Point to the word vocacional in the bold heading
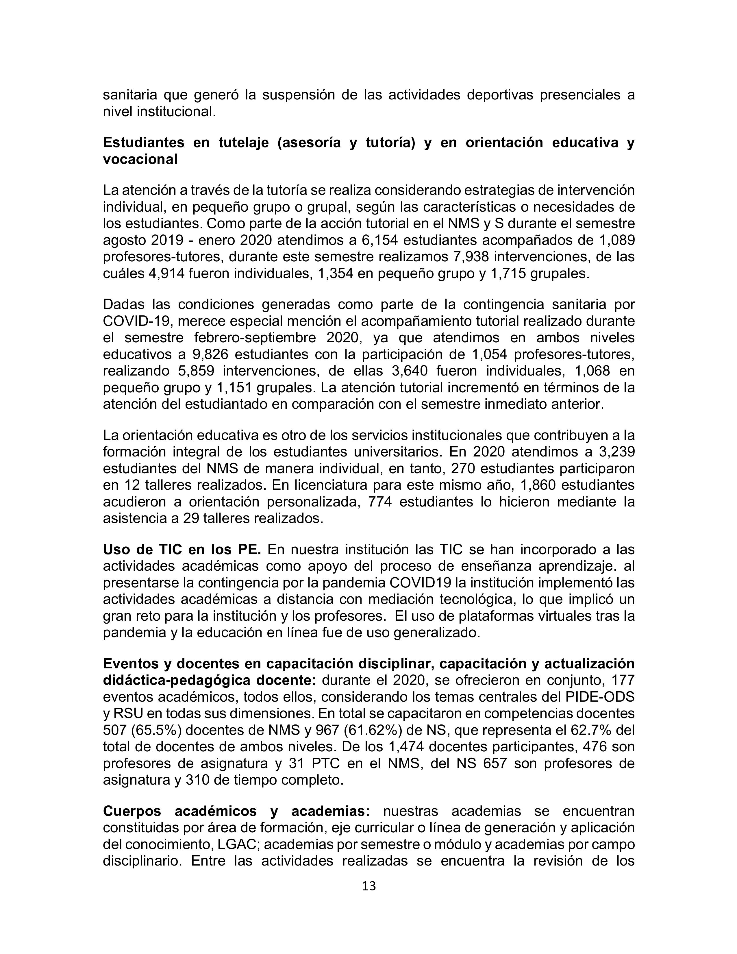click(140, 160)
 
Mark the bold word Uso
click(118, 550)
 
